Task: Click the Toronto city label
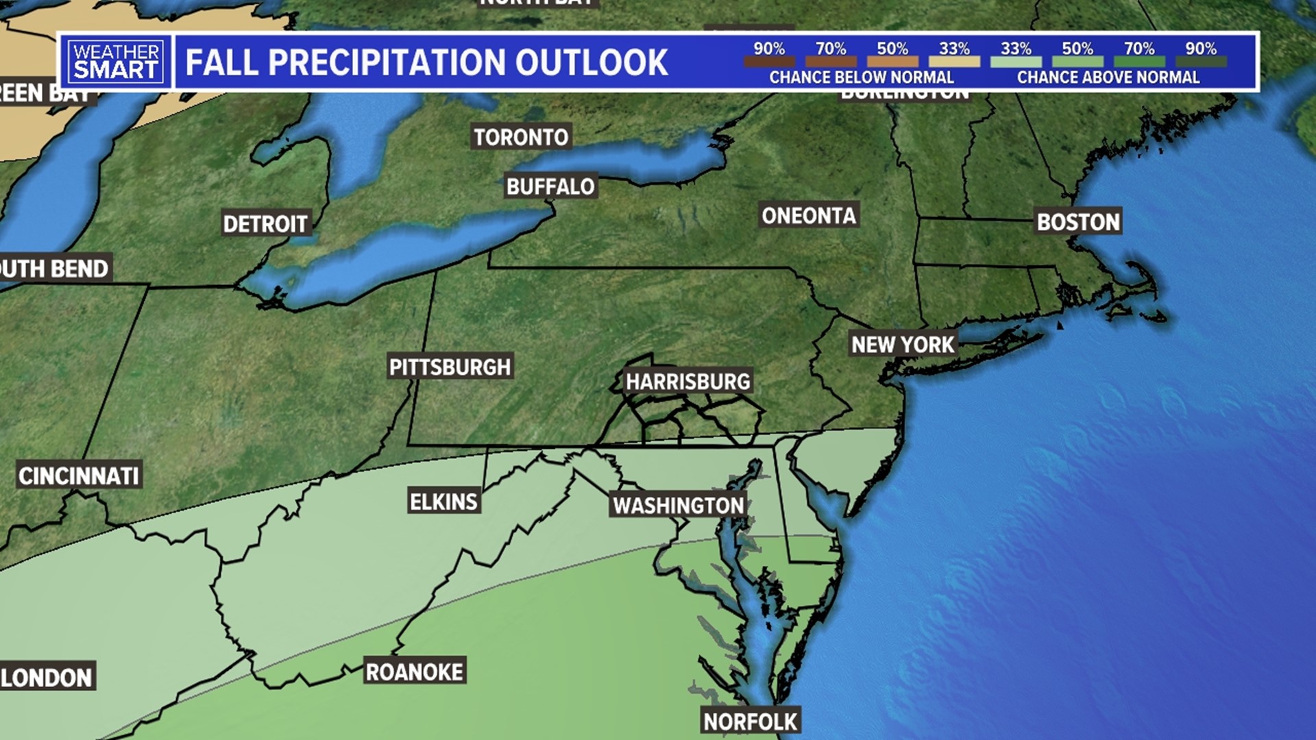click(521, 137)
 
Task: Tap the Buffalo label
click(550, 186)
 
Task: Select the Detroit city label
click(265, 224)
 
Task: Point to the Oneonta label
click(809, 216)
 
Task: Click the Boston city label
click(1078, 222)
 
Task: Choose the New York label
click(903, 345)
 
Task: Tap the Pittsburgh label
click(450, 367)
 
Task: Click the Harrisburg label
click(687, 382)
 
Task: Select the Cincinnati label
click(79, 476)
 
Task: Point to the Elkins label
click(443, 502)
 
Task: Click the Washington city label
click(679, 506)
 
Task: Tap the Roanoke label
click(415, 672)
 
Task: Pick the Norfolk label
click(751, 721)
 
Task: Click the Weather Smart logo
click(117, 62)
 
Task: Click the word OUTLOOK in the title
click(592, 62)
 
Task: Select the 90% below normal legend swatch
click(769, 62)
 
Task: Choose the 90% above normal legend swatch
click(1201, 62)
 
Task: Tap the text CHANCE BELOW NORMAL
click(862, 77)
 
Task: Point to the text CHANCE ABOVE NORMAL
click(1108, 77)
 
